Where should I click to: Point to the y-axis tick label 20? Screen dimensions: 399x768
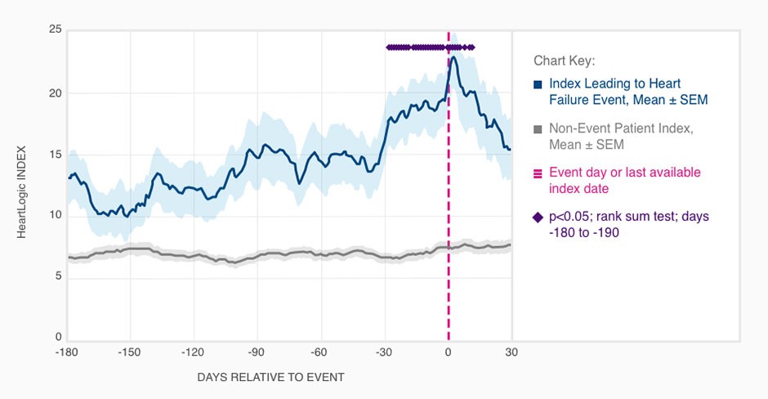tap(56, 92)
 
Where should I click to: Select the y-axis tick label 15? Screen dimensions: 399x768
tap(56, 154)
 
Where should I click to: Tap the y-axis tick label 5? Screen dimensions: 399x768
tap(58, 276)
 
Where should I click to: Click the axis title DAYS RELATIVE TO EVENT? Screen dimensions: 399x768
tap(270, 378)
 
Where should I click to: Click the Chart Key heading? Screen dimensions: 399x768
tap(565, 61)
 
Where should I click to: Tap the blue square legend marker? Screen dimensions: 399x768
tap(538, 84)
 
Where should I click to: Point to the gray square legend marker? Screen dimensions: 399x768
tap(538, 129)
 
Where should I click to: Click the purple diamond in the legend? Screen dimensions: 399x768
tap(538, 217)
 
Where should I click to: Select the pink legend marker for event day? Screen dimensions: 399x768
tap(538, 173)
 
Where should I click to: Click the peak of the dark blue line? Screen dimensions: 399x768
tap(453, 56)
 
